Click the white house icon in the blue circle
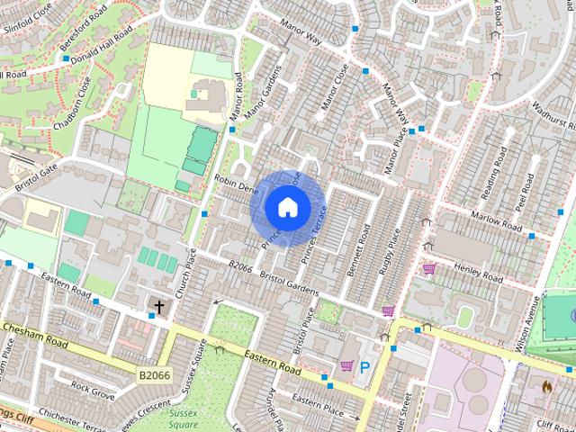(287, 207)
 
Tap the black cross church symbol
(159, 308)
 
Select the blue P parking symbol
(364, 367)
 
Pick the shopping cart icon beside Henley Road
(429, 268)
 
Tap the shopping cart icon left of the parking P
(346, 366)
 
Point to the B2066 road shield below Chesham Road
(154, 373)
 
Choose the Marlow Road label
(496, 221)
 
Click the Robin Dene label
(236, 183)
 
